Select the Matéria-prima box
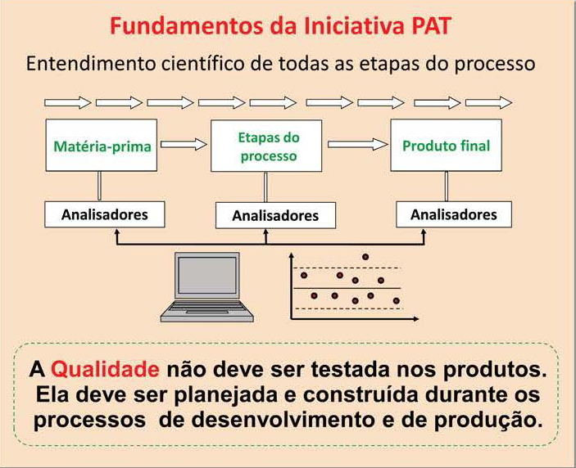click(x=102, y=146)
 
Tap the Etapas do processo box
click(x=266, y=146)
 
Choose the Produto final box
click(x=446, y=146)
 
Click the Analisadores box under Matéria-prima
click(x=105, y=214)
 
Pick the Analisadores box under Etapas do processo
click(x=275, y=216)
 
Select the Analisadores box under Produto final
click(x=454, y=214)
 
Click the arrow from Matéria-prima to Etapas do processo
click(x=184, y=144)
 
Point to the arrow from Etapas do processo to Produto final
click(x=357, y=144)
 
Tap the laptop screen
click(x=207, y=275)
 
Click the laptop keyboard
click(x=207, y=308)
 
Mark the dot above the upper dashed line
click(x=365, y=257)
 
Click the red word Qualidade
click(x=105, y=369)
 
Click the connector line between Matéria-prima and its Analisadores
click(x=100, y=187)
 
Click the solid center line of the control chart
click(x=347, y=289)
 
